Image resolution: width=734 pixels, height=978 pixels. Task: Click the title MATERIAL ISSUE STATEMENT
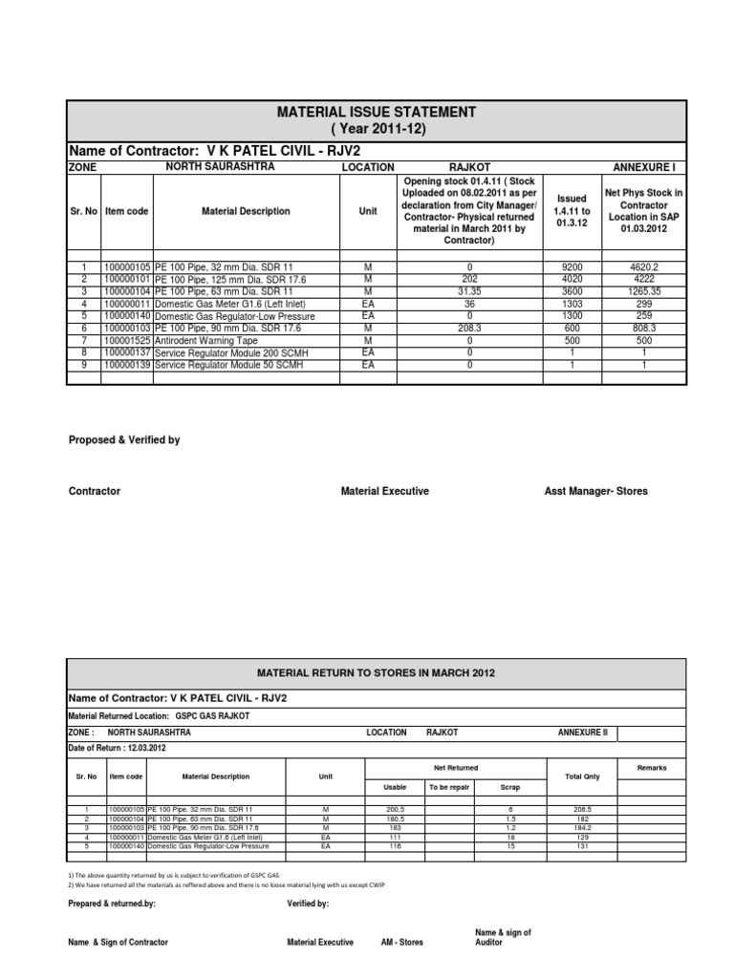(375, 112)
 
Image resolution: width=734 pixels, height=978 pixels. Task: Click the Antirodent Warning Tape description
(205, 338)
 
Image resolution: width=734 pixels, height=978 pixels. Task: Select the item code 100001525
(126, 338)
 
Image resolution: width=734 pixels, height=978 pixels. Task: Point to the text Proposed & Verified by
(124, 440)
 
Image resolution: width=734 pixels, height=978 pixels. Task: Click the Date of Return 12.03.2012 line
(116, 748)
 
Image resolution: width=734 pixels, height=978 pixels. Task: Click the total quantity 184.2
(582, 828)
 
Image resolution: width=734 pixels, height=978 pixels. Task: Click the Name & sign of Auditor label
(503, 937)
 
